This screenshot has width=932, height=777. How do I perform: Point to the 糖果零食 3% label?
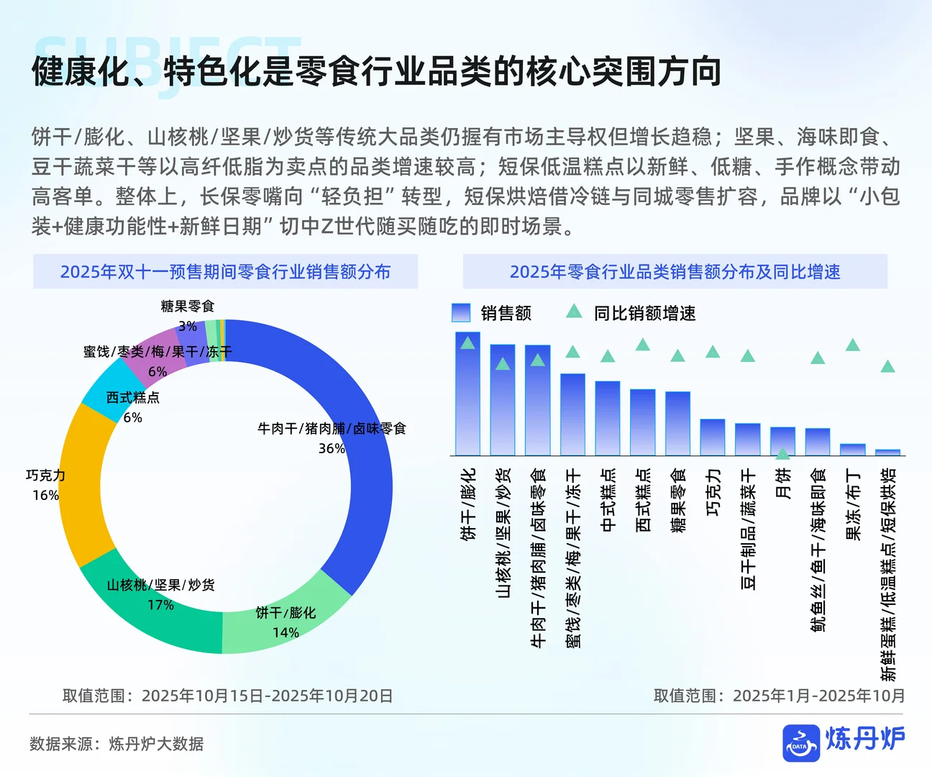point(188,316)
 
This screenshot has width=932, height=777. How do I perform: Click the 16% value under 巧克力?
point(45,495)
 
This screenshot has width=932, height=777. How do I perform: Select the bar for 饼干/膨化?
point(467,403)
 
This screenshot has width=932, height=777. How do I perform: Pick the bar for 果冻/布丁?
point(853,450)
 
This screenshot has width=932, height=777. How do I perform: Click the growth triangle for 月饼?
point(783,453)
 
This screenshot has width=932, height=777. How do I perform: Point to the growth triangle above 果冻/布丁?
point(853,345)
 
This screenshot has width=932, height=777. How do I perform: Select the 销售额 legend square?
point(461,312)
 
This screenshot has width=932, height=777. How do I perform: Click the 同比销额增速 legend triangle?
point(574,312)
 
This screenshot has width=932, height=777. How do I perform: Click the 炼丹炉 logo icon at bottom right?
point(801,743)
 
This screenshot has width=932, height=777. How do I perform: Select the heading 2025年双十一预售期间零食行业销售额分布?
point(225,272)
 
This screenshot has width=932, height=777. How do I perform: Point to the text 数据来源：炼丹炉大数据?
point(116,744)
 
